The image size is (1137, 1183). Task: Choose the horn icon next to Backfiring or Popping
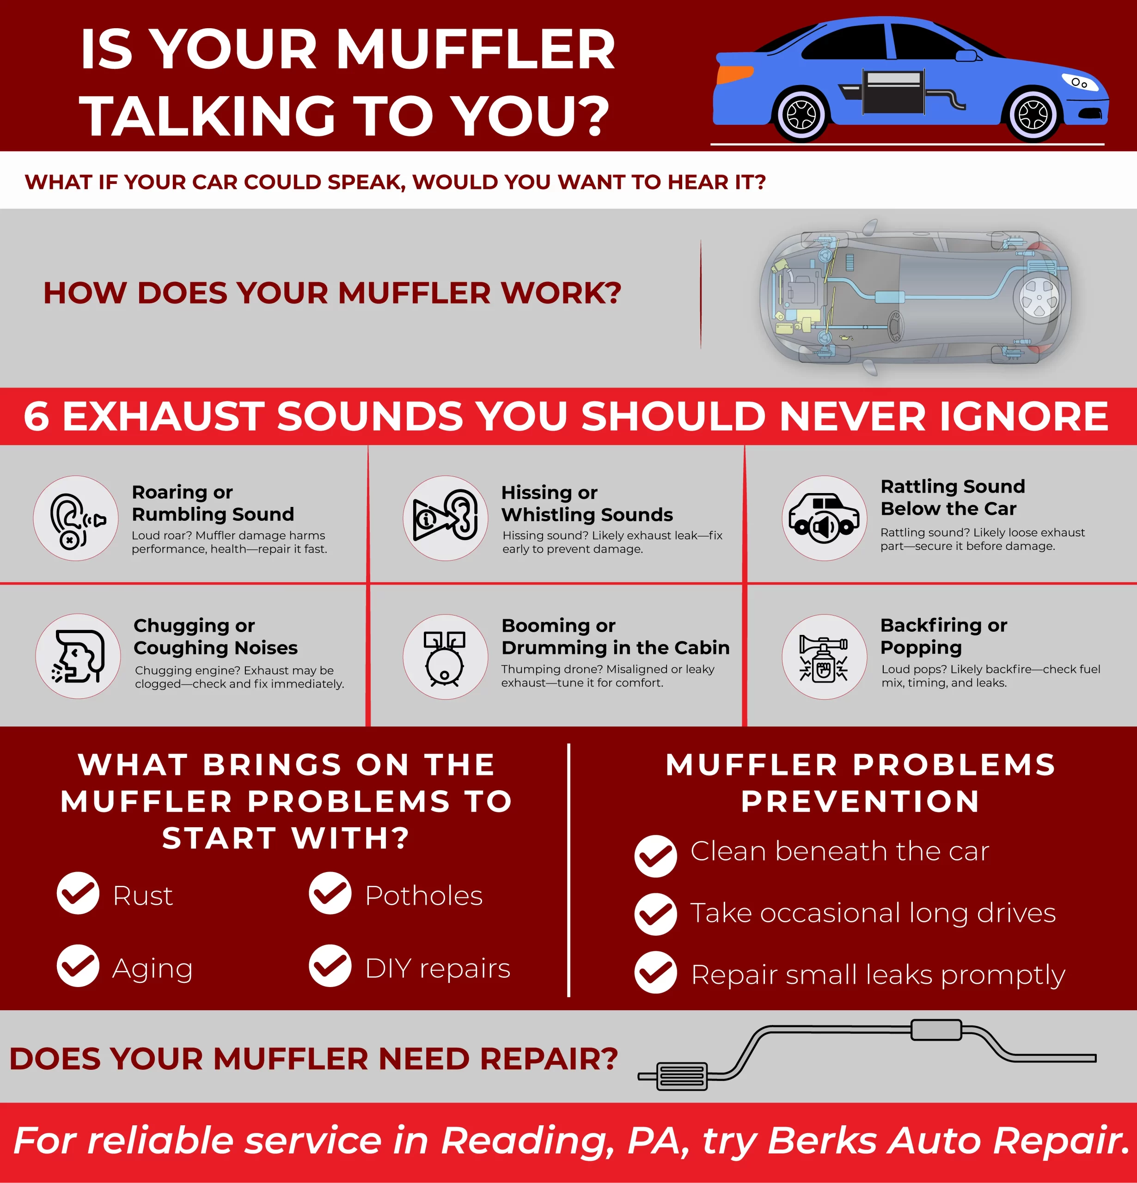click(x=824, y=659)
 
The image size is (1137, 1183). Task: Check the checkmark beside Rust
click(x=78, y=893)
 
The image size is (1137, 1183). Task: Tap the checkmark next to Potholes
click(x=330, y=893)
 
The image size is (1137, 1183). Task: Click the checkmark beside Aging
click(x=78, y=966)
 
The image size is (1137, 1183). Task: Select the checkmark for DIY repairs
click(x=330, y=966)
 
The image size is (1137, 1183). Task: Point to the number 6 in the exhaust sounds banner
click(x=36, y=416)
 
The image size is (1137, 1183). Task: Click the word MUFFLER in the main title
click(x=476, y=49)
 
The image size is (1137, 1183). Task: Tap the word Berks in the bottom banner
click(x=822, y=1141)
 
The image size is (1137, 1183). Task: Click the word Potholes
click(x=424, y=896)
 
